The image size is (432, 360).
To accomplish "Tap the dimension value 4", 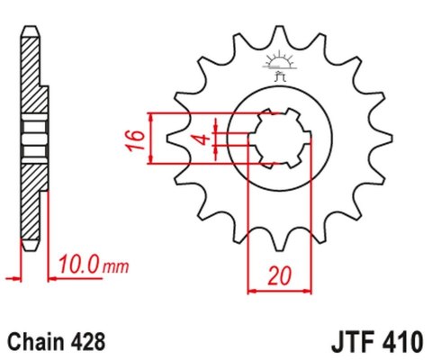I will [205, 139].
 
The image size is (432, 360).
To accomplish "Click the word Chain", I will [34, 343].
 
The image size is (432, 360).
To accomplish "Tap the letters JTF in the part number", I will [345, 343].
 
